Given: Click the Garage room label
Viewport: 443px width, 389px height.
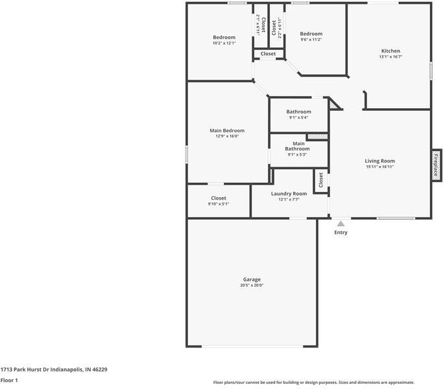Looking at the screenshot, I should [252, 279].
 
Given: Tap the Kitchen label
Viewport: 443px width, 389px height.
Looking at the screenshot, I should [390, 51].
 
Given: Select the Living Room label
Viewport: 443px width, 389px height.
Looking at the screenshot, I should [379, 161].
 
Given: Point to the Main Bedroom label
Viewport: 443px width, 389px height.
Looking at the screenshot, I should [227, 130].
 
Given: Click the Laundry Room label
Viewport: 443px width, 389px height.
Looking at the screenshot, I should [289, 193].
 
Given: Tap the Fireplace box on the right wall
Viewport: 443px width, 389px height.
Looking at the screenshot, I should [437, 165].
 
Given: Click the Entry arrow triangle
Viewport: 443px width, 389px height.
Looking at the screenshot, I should [341, 223].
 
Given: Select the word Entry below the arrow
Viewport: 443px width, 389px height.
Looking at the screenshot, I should [341, 232].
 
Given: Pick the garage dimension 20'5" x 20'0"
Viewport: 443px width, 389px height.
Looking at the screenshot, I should [252, 285].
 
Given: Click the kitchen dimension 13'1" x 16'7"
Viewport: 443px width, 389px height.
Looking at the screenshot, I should [390, 56].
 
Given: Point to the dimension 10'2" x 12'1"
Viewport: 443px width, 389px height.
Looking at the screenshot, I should [224, 43].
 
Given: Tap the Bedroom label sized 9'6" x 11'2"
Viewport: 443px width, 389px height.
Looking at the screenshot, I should [311, 34].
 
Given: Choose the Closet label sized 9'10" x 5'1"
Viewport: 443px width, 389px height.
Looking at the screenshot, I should [219, 198].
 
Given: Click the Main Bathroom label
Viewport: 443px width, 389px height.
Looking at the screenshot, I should [298, 146].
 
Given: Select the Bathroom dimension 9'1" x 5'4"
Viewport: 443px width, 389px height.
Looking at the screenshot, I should [298, 117].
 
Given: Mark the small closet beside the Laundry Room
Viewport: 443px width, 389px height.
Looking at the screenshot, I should [320, 181].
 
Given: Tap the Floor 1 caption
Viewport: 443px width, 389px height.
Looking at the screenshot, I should [9, 380].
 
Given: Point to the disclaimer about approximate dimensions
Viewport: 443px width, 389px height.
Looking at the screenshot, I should [314, 382].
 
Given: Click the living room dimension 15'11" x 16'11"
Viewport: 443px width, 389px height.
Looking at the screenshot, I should [379, 167].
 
